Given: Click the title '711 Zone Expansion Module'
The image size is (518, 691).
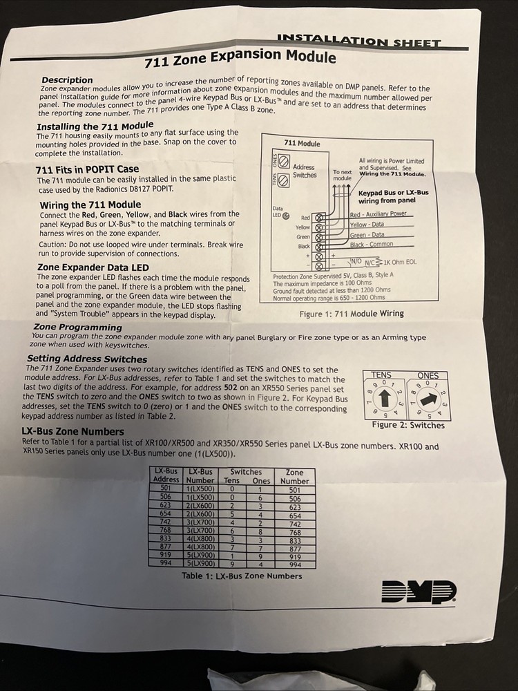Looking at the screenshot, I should pos(240,59).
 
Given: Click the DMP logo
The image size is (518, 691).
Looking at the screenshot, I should pos(419,591).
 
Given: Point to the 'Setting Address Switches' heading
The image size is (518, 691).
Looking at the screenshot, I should pos(87,359).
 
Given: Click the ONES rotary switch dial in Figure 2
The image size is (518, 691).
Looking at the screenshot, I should pos(428,399).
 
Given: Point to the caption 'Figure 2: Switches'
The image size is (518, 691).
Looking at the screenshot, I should pos(408,425).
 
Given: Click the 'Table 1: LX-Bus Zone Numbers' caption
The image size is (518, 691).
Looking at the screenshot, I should pos(242,576).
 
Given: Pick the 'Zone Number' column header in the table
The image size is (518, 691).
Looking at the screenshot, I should pos(295,477).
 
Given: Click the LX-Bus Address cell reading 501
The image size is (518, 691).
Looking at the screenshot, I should pos(165,489).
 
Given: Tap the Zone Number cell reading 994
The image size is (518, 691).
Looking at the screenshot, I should pos(295,564).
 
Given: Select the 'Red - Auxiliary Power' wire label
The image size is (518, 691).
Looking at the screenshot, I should pos(378,215).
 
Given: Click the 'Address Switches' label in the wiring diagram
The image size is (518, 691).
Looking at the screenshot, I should pos(304,171).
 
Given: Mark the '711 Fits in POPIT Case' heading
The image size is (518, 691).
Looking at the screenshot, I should pos(87,169).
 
